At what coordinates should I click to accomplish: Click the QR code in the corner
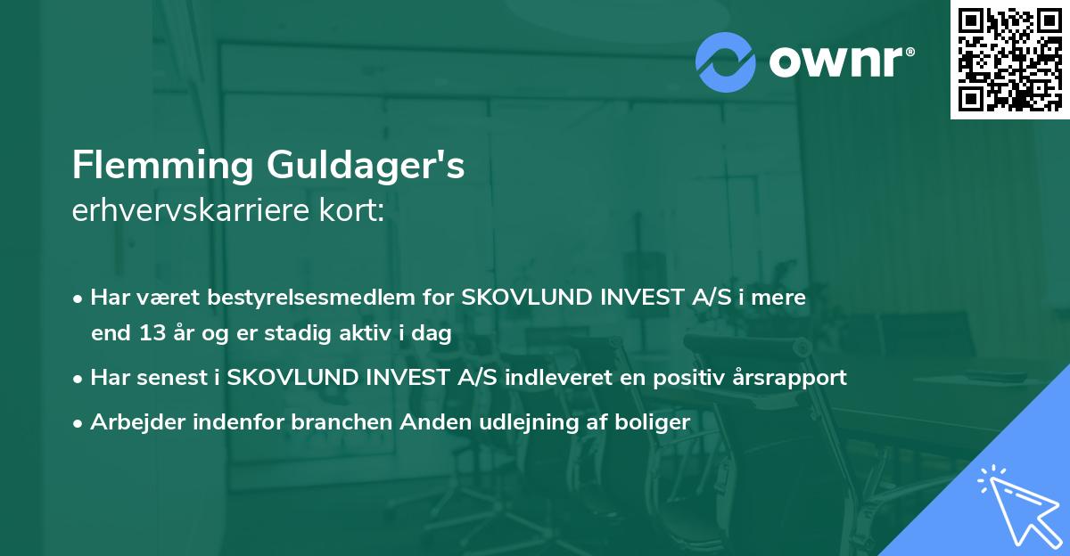pos(1009,59)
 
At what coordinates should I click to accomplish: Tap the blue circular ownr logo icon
pos(727,62)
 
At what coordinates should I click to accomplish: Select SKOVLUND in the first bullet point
pos(521,298)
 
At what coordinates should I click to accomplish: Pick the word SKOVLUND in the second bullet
pos(286,378)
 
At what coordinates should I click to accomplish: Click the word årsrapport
pos(790,378)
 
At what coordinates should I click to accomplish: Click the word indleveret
pos(556,378)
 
